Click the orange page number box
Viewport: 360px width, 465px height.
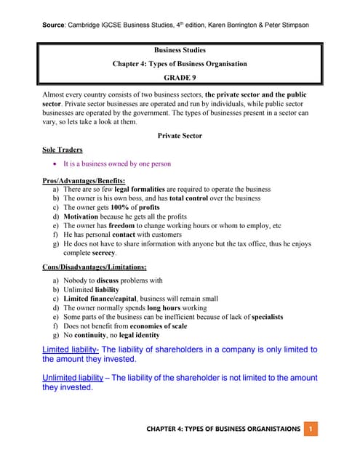point(311,429)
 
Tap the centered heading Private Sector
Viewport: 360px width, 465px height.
point(180,135)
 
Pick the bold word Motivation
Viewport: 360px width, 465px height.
point(84,217)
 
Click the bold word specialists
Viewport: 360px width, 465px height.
point(263,317)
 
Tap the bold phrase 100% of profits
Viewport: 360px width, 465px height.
point(138,207)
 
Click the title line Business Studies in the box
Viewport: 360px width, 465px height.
point(180,51)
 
